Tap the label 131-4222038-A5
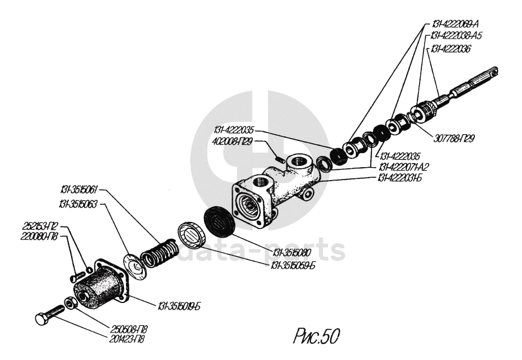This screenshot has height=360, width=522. point(457,36)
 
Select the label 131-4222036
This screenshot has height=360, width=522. point(450,49)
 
